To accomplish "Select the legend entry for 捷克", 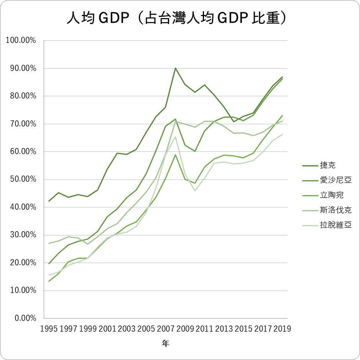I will (x=327, y=165).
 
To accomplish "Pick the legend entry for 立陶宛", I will (x=331, y=195).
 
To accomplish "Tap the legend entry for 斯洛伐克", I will (x=335, y=210).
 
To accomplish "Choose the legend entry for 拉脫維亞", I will (x=335, y=225).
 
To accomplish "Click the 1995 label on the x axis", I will (x=49, y=329).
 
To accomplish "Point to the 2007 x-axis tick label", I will (x=166, y=329).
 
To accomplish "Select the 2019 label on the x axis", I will (x=283, y=329).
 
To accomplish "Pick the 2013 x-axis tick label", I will (x=224, y=329).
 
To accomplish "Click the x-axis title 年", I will (x=165, y=344).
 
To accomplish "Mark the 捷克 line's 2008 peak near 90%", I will (x=175, y=68).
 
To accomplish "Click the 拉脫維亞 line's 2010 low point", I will (x=195, y=191).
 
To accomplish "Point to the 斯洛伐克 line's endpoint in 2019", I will (x=283, y=121).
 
